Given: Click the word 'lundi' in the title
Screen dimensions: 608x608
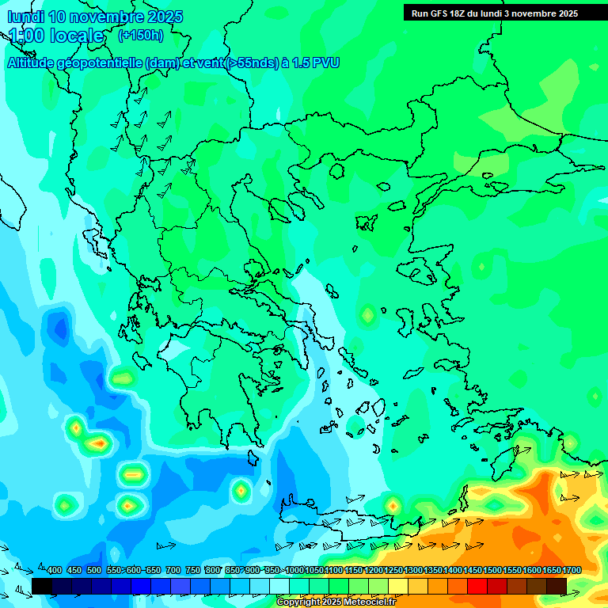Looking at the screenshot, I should coord(25,17).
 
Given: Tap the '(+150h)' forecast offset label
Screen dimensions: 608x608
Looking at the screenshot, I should coord(141,35).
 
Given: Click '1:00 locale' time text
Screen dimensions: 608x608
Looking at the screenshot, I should coord(55,36).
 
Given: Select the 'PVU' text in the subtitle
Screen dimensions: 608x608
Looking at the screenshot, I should coord(325,63).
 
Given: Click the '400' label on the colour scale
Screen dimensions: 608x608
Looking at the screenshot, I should coord(55,570).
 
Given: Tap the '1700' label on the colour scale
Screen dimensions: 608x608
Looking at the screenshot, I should coord(572,570).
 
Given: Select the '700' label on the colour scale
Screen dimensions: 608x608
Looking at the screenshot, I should coord(173,570).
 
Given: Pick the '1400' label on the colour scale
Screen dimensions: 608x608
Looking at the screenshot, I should coord(453,570).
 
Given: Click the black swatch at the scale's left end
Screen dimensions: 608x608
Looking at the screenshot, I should coord(42,586).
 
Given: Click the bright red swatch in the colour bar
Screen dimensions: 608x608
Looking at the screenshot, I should coord(477,586).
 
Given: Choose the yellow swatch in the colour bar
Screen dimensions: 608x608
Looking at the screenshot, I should coord(398,586).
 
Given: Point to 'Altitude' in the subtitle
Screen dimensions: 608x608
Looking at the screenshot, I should coord(35,63).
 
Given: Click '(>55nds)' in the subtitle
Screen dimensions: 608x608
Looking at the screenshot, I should coord(249,63).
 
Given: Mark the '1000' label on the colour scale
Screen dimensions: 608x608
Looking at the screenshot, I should coord(294,570).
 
